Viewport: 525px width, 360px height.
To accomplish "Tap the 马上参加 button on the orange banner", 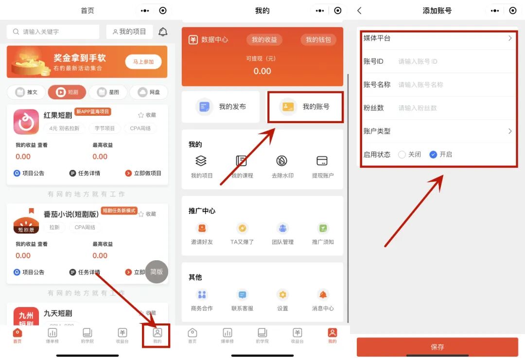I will coord(143,62).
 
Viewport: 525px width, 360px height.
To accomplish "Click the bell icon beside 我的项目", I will coord(163,32).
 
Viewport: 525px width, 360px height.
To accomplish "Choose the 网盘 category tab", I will coord(149,92).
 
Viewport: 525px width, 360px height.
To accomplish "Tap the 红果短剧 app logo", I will coord(26,122).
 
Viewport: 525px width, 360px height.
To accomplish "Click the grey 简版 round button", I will coord(157,272).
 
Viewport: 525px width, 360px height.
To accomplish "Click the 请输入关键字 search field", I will coord(53,32).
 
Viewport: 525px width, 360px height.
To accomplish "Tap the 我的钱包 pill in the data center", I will coord(318,40).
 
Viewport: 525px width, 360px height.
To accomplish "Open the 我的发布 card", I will coord(221,107).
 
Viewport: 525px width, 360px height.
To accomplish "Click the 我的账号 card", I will coord(305,107).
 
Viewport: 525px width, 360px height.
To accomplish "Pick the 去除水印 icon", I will coord(282,161).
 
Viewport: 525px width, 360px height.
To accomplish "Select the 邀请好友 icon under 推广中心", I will coord(202,228).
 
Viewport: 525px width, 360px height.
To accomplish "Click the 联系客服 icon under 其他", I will coord(242,294).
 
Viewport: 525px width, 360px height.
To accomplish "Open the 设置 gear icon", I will coord(282,294).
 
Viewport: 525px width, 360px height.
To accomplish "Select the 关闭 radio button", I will coord(402,155).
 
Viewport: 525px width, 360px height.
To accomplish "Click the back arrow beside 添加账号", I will coord(359,11).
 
